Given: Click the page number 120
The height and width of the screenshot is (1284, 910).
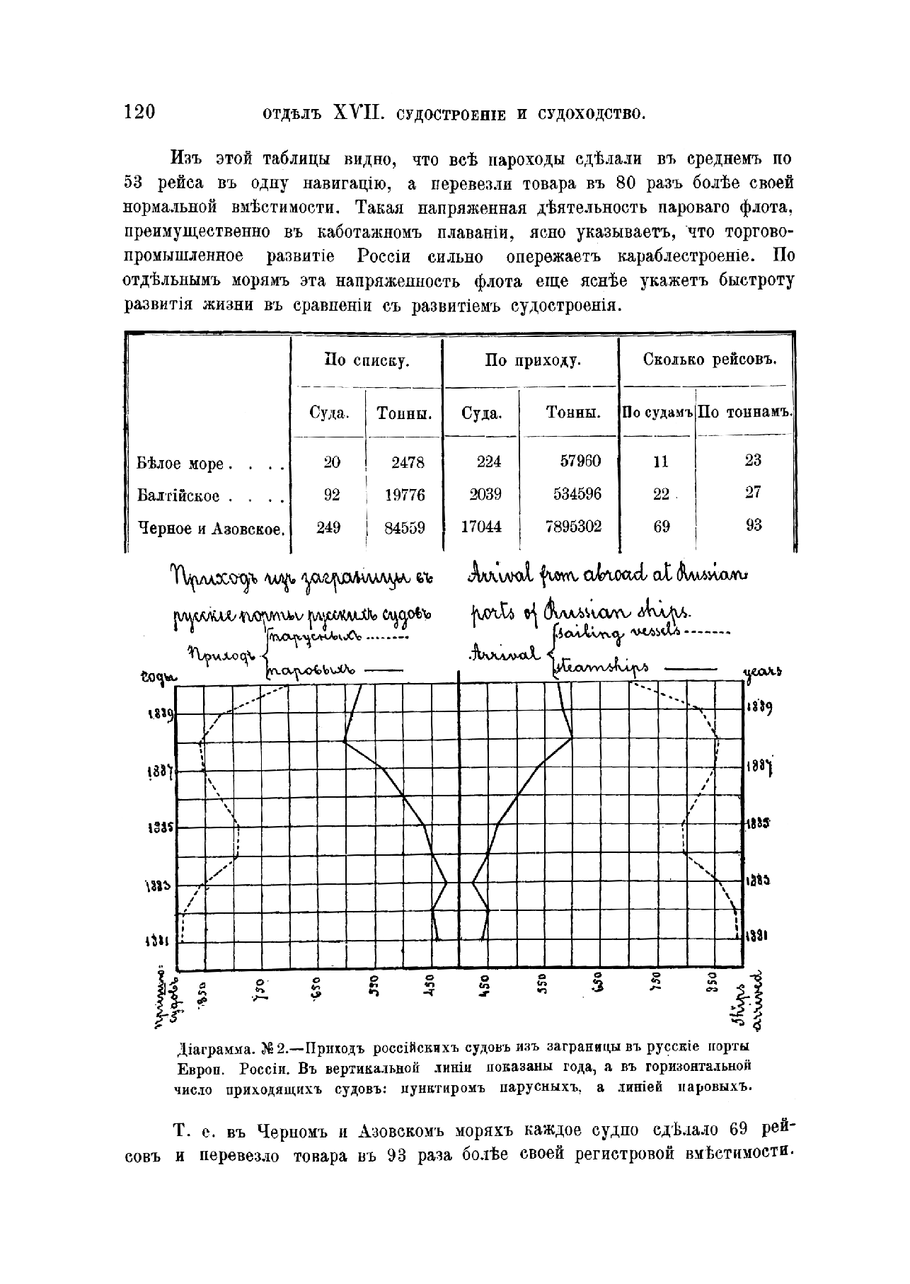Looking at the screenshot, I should tap(139, 113).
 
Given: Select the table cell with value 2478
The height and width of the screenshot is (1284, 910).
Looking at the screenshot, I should tap(408, 462).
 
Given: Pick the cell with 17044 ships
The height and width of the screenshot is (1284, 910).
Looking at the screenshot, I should tap(481, 527).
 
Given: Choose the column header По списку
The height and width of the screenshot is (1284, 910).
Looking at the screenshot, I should tap(367, 361).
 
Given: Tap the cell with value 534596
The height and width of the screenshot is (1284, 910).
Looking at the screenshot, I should tap(577, 494).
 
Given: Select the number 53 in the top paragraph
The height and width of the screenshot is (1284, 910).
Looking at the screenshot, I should tap(134, 183).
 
